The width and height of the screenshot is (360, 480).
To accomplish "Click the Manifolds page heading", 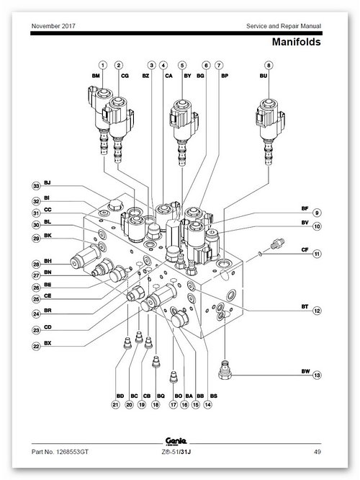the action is click(296, 42).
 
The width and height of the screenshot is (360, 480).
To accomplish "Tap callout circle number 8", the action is click(269, 65).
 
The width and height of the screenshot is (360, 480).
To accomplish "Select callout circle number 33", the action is click(37, 186).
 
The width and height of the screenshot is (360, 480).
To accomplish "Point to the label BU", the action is click(264, 76).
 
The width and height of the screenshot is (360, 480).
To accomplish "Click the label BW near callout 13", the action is click(305, 371).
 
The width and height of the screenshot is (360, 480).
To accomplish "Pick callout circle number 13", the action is click(318, 375).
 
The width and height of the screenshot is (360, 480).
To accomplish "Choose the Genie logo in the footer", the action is click(176, 441).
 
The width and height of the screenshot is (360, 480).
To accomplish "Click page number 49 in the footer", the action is click(318, 451).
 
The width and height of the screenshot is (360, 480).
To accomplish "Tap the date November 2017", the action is click(53, 26).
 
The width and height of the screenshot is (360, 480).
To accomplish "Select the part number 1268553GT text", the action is click(60, 451).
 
